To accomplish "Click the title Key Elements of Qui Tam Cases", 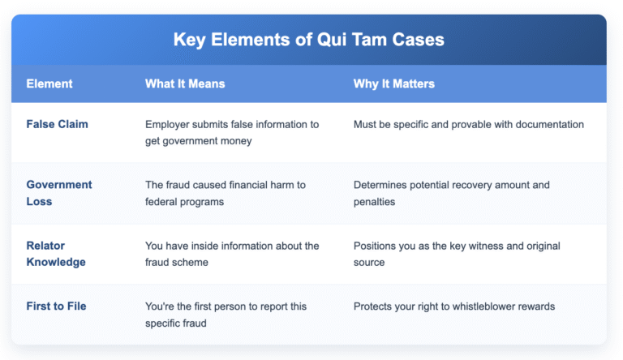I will pos(308,40).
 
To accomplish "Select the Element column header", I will pos(49,84).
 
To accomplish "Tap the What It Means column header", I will pos(185,84).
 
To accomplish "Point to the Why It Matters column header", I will pos(393,84).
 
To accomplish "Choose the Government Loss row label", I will pos(59,192).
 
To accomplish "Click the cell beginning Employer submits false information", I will pos(232,132).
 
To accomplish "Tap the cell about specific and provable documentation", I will pos(468,125).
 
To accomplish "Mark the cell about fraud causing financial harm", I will pos(226,192).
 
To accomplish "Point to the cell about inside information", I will pos(232,253).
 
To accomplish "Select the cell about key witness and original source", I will pos(457,253).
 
